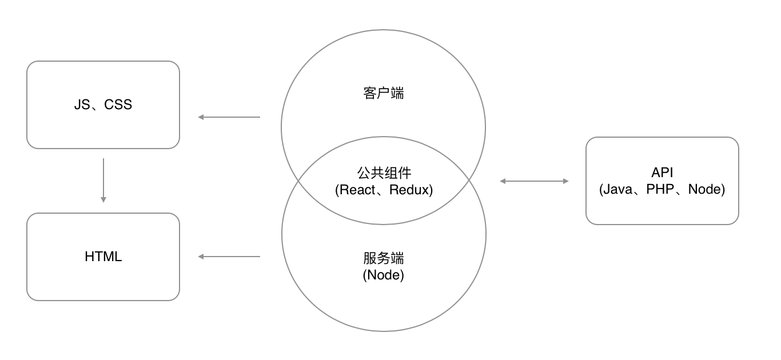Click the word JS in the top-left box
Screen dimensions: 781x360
(x=82, y=105)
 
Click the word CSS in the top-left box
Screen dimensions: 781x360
(x=118, y=105)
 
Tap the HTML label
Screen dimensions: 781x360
(x=103, y=257)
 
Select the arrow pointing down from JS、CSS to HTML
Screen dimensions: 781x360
(x=103, y=181)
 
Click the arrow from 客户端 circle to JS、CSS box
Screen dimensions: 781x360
(x=229, y=117)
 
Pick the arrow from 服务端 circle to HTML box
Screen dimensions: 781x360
(x=229, y=257)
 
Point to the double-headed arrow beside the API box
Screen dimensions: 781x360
(x=534, y=181)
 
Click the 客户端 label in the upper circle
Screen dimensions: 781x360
(x=384, y=93)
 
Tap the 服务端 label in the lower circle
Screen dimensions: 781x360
(x=384, y=258)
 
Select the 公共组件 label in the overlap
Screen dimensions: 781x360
(x=384, y=173)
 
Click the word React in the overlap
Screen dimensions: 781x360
(x=357, y=190)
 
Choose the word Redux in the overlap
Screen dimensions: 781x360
(x=409, y=190)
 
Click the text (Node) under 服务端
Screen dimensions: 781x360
(x=384, y=275)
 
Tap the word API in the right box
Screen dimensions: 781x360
(x=662, y=172)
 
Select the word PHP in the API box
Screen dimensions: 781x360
(x=660, y=189)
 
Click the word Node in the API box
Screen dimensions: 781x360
(x=704, y=189)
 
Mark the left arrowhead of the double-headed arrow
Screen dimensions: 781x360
(x=503, y=181)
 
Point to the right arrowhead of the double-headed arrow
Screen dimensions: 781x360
(x=566, y=181)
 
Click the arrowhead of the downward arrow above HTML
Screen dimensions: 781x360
(x=103, y=199)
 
